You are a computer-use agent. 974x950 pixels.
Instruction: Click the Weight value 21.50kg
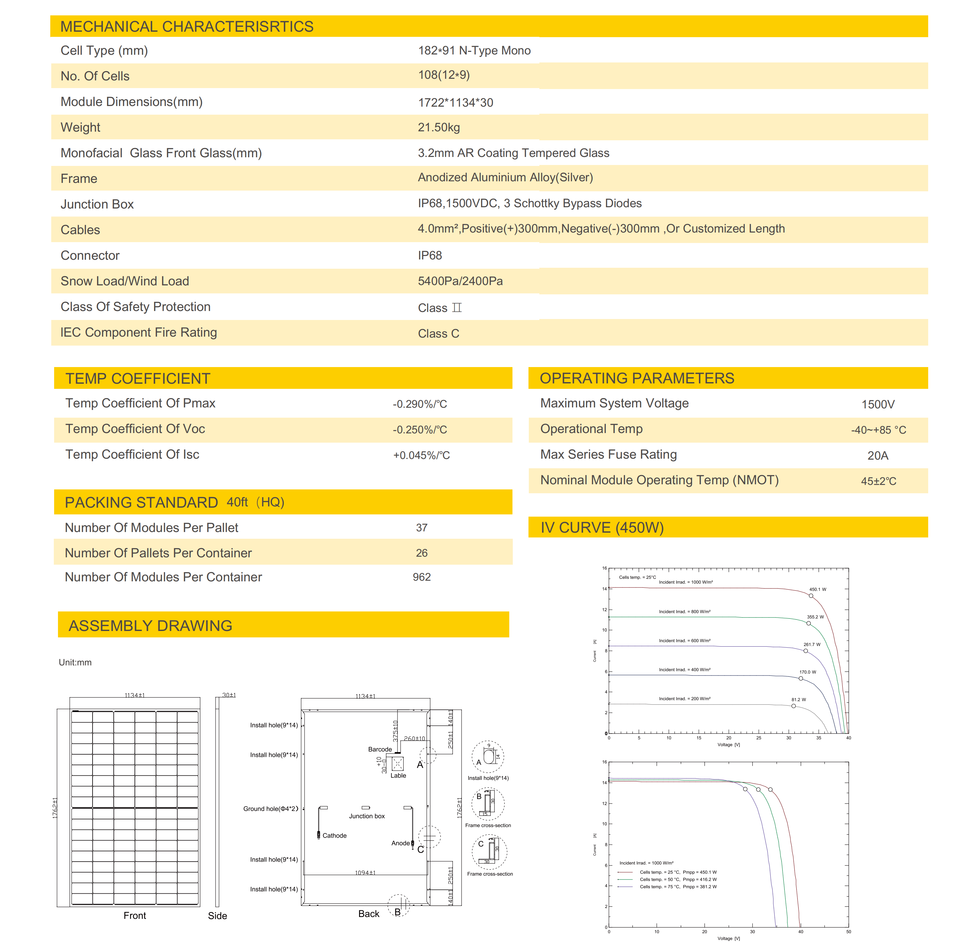pyautogui.click(x=438, y=127)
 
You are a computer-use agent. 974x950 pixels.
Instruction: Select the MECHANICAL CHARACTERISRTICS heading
pyautogui.click(x=187, y=27)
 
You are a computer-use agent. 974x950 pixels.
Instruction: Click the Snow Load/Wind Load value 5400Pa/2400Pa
pyautogui.click(x=460, y=281)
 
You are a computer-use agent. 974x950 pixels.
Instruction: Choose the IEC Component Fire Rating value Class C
pyautogui.click(x=438, y=333)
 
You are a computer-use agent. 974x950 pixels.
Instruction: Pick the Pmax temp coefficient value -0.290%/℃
pyautogui.click(x=420, y=404)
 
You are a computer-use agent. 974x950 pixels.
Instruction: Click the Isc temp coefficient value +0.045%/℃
pyautogui.click(x=421, y=455)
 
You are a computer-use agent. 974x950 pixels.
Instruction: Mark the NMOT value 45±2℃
pyautogui.click(x=878, y=481)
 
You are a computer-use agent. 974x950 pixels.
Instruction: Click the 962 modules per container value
pyautogui.click(x=422, y=577)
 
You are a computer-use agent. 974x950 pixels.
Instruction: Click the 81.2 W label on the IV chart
pyautogui.click(x=798, y=700)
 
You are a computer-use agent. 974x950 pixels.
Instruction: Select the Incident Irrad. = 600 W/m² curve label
pyautogui.click(x=684, y=641)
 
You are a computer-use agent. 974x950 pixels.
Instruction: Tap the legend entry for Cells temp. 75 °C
pyautogui.click(x=678, y=887)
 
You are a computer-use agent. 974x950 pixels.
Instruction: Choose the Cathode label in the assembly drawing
pyautogui.click(x=334, y=835)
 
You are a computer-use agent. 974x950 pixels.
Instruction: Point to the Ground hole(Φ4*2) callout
pyautogui.click(x=270, y=809)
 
